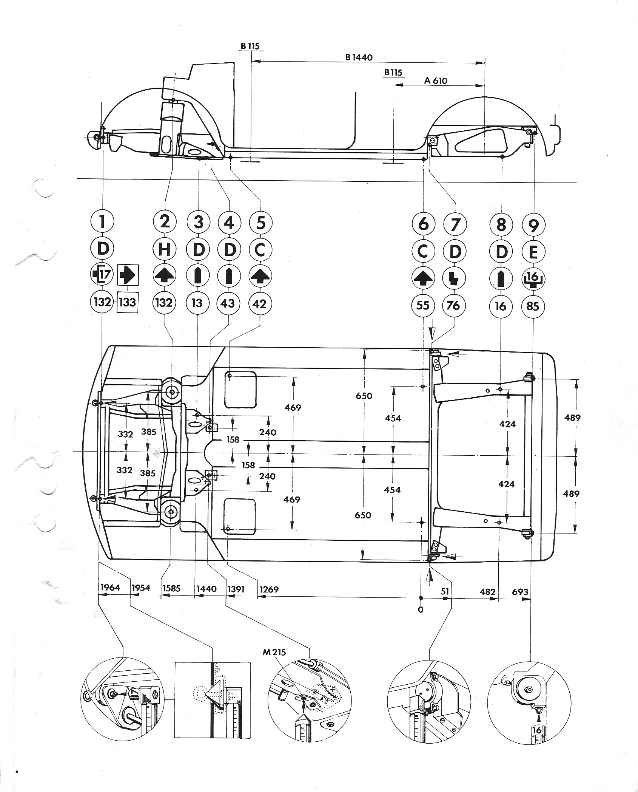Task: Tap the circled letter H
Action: (165, 249)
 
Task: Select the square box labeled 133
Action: (128, 303)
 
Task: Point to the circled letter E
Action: (533, 251)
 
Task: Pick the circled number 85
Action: (533, 305)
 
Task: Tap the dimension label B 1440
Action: (359, 57)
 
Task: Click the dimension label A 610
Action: (435, 80)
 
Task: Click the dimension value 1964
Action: (110, 588)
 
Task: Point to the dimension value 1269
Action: (269, 589)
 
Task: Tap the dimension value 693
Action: (520, 591)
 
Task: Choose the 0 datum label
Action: (421, 609)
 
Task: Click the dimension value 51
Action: (445, 591)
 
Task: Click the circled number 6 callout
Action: (423, 224)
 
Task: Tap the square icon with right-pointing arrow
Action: (128, 275)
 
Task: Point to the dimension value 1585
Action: (171, 588)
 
